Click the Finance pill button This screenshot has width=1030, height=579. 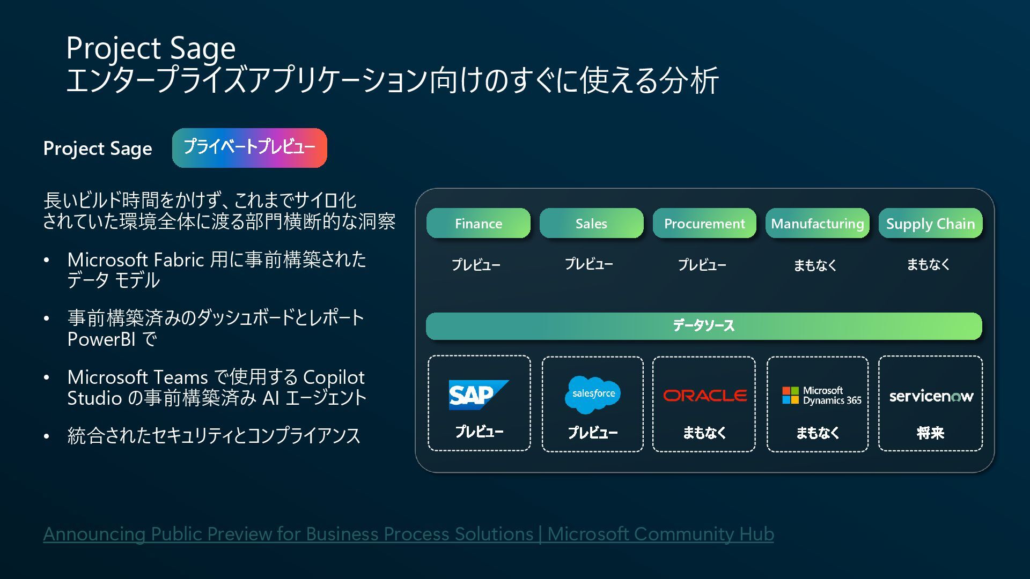pyautogui.click(x=478, y=223)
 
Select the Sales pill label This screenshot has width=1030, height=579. pyautogui.click(x=591, y=223)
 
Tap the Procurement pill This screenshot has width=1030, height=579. pyautogui.click(x=704, y=223)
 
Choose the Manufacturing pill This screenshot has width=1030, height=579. pyautogui.click(x=817, y=223)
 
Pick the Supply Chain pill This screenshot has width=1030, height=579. pyautogui.click(x=930, y=223)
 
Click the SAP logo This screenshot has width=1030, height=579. pyautogui.click(x=478, y=395)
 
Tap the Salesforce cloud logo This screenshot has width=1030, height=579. pyautogui.click(x=593, y=394)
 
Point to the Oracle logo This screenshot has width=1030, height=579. pyautogui.click(x=705, y=396)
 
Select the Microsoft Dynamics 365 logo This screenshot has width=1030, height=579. pyautogui.click(x=821, y=396)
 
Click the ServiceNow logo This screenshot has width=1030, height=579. pyautogui.click(x=931, y=396)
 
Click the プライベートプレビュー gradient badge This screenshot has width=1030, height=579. pyautogui.click(x=249, y=147)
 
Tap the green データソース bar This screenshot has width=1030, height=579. pyautogui.click(x=704, y=326)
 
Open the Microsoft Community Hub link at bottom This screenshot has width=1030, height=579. pyautogui.click(x=408, y=534)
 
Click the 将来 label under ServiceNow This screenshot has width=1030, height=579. pyautogui.click(x=930, y=433)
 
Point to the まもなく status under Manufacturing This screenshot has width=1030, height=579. pyautogui.click(x=815, y=265)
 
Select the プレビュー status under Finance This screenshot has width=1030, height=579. pyautogui.click(x=476, y=265)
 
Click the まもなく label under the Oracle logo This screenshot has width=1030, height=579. pyautogui.click(x=704, y=433)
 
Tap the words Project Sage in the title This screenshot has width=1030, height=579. pyautogui.click(x=151, y=48)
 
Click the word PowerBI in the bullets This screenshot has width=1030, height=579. pyautogui.click(x=101, y=339)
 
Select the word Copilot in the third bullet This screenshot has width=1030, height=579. pyautogui.click(x=334, y=377)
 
